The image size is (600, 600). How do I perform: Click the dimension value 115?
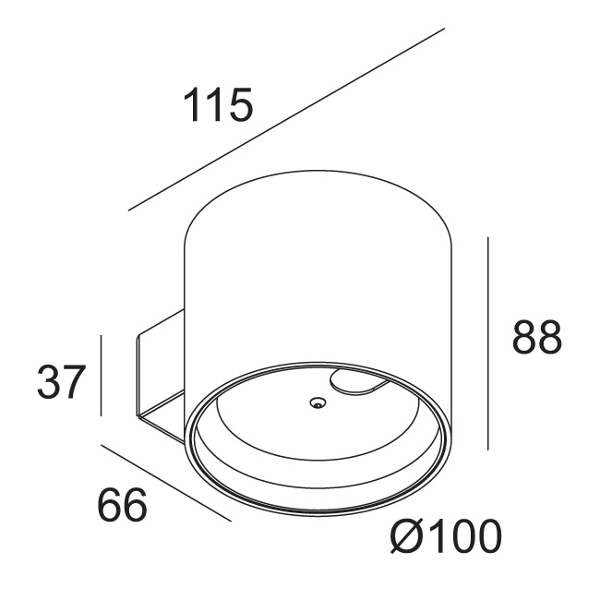218,104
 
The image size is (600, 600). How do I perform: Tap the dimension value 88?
537,336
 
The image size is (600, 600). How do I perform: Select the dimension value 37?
61,381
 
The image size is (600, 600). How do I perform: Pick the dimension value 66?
123,504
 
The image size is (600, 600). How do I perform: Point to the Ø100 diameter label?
446,535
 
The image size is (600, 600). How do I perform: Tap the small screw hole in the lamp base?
318,402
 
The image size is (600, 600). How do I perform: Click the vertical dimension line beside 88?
488,343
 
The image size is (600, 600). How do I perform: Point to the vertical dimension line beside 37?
101,376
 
